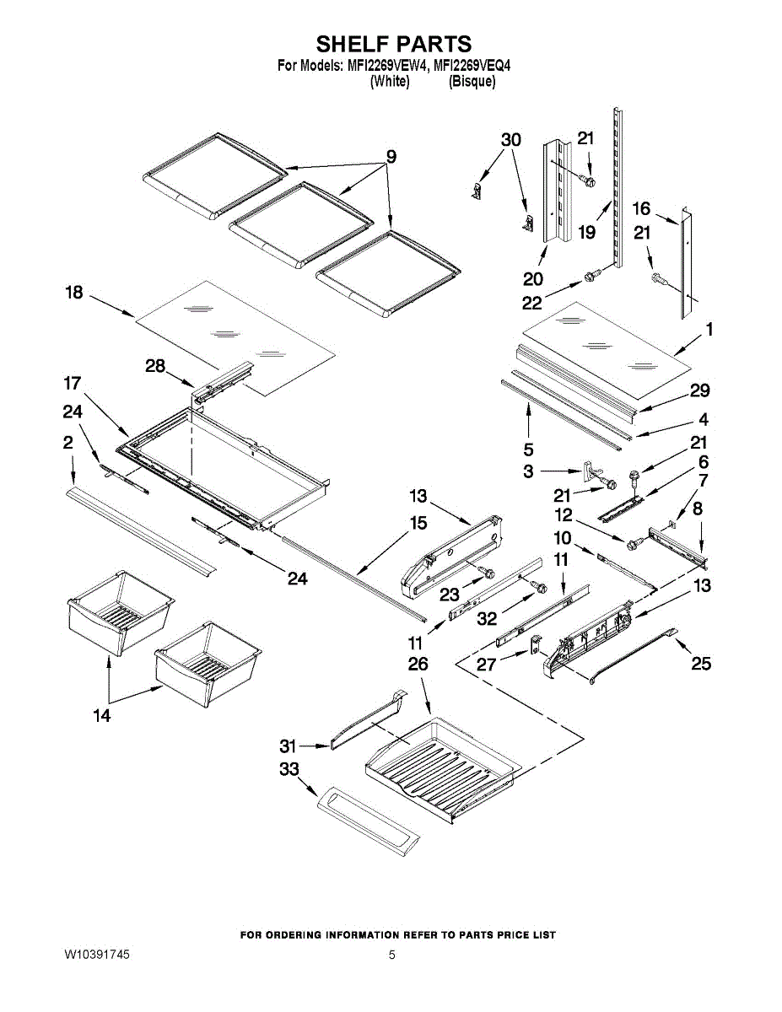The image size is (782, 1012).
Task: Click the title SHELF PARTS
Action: pyautogui.click(x=394, y=44)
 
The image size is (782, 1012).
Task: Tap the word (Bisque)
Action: pyautogui.click(x=472, y=82)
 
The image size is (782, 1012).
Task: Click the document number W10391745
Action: pyautogui.click(x=97, y=955)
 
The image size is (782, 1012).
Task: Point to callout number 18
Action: pyautogui.click(x=74, y=293)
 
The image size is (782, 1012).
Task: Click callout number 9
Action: pyautogui.click(x=391, y=157)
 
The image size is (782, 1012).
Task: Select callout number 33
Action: pyautogui.click(x=289, y=769)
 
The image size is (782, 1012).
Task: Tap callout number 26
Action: pyautogui.click(x=418, y=664)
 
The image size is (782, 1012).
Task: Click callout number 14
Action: pyautogui.click(x=102, y=715)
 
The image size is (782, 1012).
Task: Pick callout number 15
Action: pyautogui.click(x=418, y=523)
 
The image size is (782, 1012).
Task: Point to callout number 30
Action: pyautogui.click(x=511, y=140)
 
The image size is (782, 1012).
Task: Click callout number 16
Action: pyautogui.click(x=641, y=208)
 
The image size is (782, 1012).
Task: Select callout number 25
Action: pyautogui.click(x=701, y=663)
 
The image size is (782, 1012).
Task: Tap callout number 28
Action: pyautogui.click(x=155, y=366)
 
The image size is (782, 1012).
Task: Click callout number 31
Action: pyautogui.click(x=288, y=746)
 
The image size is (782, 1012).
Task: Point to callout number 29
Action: pyautogui.click(x=699, y=390)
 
